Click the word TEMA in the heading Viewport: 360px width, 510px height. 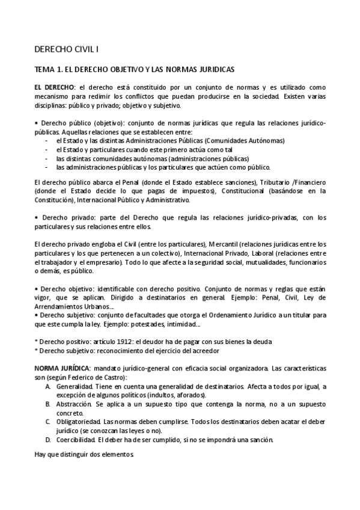click(45, 69)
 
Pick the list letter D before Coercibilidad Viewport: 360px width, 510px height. click(47, 439)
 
